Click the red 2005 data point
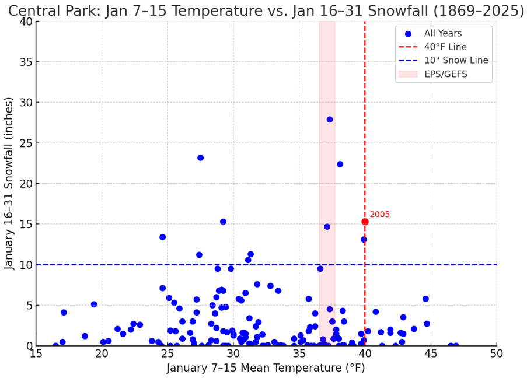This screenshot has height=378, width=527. pos(365,222)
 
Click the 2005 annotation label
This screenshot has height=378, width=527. pos(379,215)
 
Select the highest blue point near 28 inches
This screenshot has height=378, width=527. pos(330,120)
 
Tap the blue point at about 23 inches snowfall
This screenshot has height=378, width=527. pos(200,157)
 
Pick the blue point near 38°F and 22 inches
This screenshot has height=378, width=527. pos(340,164)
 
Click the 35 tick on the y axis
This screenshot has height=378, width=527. pos(24,62)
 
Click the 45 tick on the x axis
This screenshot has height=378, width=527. pos(431,354)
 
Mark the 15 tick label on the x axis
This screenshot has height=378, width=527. pos(36,354)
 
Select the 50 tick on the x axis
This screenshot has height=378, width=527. pos(496,354)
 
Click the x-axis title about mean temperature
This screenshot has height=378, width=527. pos(266,368)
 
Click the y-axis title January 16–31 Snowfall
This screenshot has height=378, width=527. pos(10,184)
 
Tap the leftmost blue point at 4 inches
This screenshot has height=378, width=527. pos(64,313)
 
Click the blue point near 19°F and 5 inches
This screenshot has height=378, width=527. pos(94,304)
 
